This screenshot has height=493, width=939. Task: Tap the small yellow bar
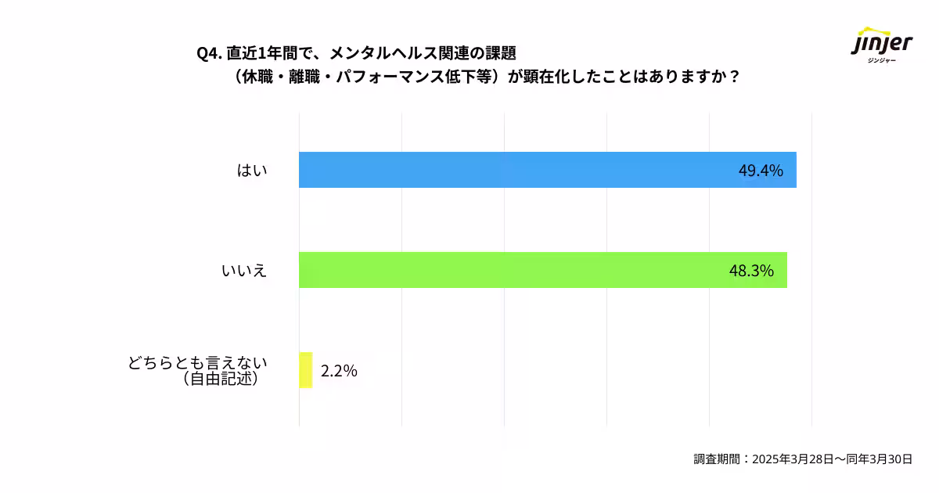[305, 370]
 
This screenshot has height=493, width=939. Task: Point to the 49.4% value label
[761, 171]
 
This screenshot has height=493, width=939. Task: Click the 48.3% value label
[751, 271]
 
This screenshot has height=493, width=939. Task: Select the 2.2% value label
[339, 371]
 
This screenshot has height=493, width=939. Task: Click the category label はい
[252, 171]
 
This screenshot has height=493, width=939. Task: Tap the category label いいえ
[244, 271]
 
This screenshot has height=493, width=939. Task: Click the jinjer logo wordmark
[882, 43]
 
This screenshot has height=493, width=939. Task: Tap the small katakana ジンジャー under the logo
[882, 61]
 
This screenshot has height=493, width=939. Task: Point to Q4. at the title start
[209, 53]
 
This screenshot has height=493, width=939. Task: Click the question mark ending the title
[733, 78]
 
